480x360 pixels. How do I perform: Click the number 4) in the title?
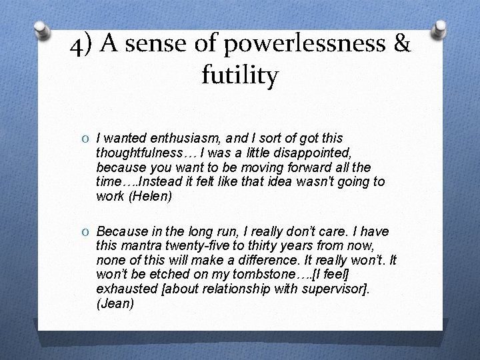coord(81,46)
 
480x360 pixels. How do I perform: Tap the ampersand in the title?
coord(402,46)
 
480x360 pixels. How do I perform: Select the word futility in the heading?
coord(239,77)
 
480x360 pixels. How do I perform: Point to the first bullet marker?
coord(88,139)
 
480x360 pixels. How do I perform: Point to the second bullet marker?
coord(88,232)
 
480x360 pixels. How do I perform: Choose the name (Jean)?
coord(115,304)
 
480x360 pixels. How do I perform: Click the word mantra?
coord(141,246)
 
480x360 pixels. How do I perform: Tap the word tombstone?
coord(243,275)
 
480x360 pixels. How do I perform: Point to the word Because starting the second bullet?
coord(122,232)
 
